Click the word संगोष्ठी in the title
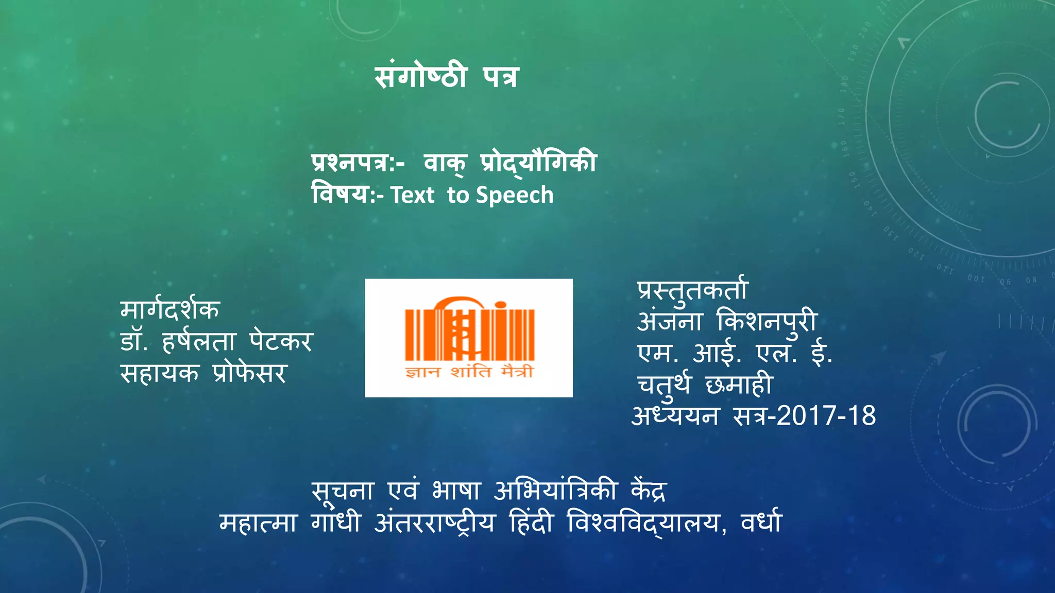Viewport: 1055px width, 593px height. tap(421, 77)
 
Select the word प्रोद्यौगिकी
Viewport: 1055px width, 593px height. tap(538, 163)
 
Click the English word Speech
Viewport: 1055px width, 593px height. tap(515, 196)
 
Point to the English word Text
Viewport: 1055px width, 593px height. tap(412, 196)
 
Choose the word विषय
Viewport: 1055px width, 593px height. tap(340, 195)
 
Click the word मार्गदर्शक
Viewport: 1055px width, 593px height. tap(170, 309)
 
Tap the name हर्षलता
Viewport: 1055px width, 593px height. tap(199, 341)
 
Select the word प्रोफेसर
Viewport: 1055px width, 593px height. tap(249, 373)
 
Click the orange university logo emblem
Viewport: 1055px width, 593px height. tap(469, 329)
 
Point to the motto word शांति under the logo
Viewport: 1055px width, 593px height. tap(471, 372)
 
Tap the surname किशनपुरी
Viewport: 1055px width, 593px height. tap(767, 322)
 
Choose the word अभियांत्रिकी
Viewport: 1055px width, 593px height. tap(555, 491)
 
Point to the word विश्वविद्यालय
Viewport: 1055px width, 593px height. tap(646, 522)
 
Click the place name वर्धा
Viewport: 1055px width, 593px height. tap(761, 522)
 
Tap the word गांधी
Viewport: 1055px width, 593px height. tap(336, 522)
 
